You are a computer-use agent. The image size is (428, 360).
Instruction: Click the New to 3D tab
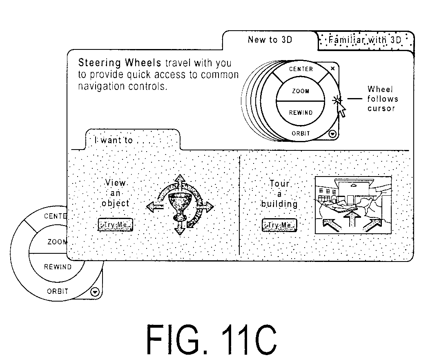[x=270, y=40]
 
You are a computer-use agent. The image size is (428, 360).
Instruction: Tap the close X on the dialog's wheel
[x=332, y=68]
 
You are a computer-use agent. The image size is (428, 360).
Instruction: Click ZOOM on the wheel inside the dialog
[x=301, y=91]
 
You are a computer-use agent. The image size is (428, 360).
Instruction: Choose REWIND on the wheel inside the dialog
[x=301, y=112]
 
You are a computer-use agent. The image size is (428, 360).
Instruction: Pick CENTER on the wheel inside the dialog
[x=301, y=69]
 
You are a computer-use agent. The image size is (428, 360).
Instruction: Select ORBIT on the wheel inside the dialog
[x=301, y=134]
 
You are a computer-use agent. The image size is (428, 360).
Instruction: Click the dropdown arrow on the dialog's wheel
[x=332, y=134]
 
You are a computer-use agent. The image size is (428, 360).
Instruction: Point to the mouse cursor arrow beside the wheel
[x=341, y=110]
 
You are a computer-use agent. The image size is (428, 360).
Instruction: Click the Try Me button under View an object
[x=115, y=225]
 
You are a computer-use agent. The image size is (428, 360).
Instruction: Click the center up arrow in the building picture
[x=352, y=219]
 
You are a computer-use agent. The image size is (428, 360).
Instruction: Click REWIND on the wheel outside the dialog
[x=58, y=267]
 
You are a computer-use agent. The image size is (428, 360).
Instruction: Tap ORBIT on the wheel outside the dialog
[x=57, y=291]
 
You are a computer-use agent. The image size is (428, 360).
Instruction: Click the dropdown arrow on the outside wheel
[x=95, y=292]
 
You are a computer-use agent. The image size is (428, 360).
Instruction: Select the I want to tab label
[x=114, y=141]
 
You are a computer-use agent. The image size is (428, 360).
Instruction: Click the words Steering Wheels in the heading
[x=120, y=63]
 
